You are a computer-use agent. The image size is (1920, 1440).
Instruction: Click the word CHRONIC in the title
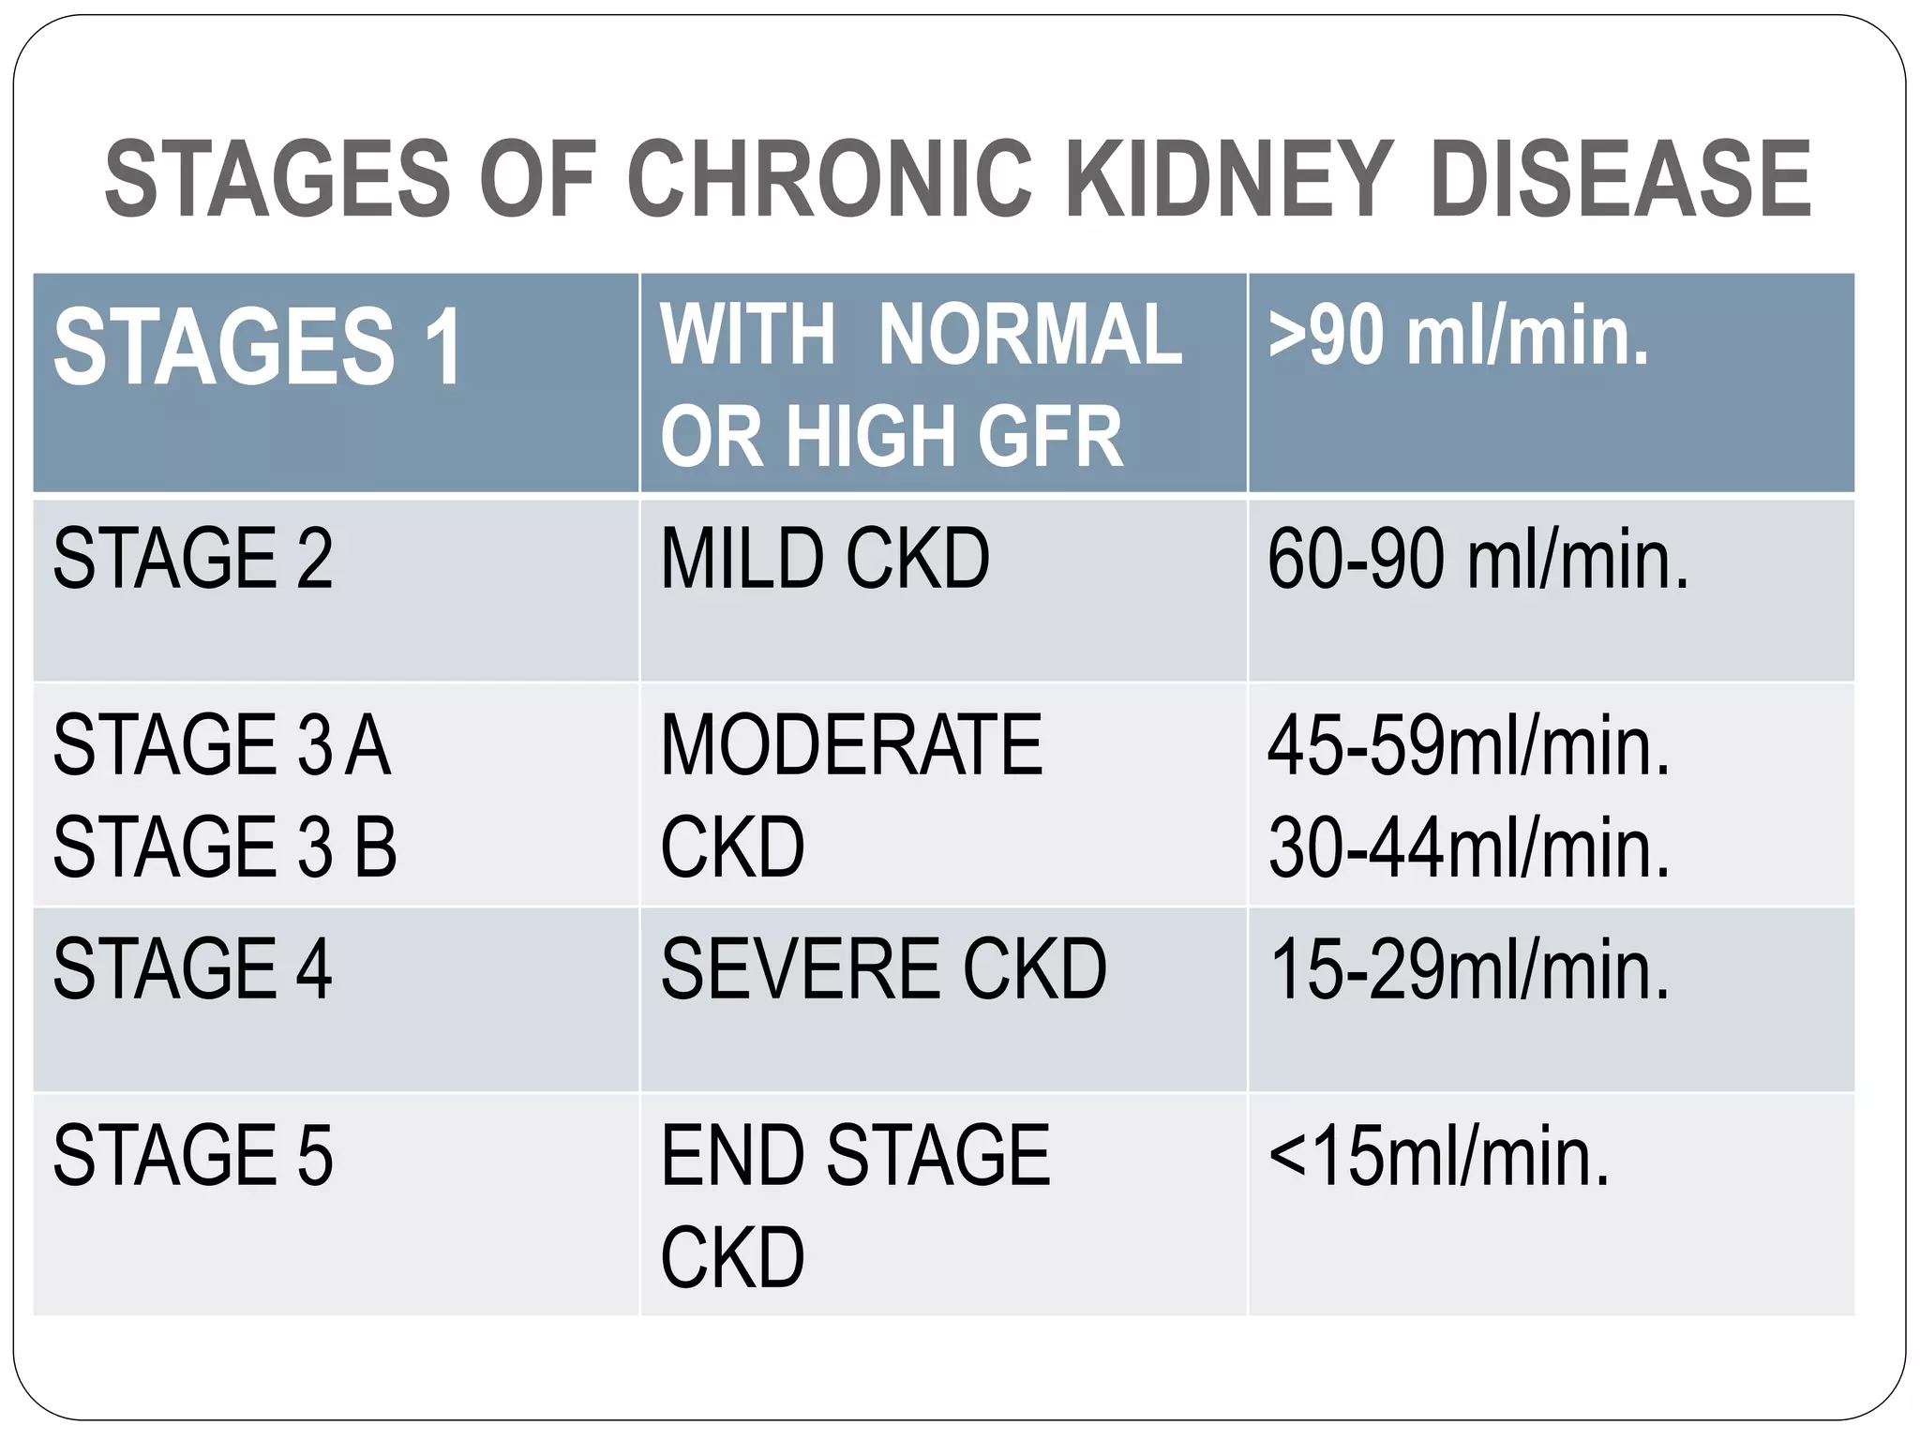[x=829, y=178]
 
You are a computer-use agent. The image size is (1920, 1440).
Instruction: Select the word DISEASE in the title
[x=1620, y=178]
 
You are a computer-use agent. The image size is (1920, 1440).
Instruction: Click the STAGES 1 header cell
[x=259, y=348]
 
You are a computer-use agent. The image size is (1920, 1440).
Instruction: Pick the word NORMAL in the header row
[x=1030, y=336]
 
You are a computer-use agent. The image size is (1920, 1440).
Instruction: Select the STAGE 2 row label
[x=193, y=560]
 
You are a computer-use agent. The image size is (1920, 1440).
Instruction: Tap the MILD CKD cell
[x=825, y=560]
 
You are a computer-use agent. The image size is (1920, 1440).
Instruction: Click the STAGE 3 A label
[x=221, y=746]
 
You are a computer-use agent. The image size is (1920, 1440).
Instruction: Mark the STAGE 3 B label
[x=225, y=847]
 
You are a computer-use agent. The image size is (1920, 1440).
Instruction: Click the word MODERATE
[x=851, y=746]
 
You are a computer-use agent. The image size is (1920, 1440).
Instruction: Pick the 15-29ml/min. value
[x=1469, y=971]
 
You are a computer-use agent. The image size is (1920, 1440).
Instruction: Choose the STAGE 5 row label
[x=193, y=1156]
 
